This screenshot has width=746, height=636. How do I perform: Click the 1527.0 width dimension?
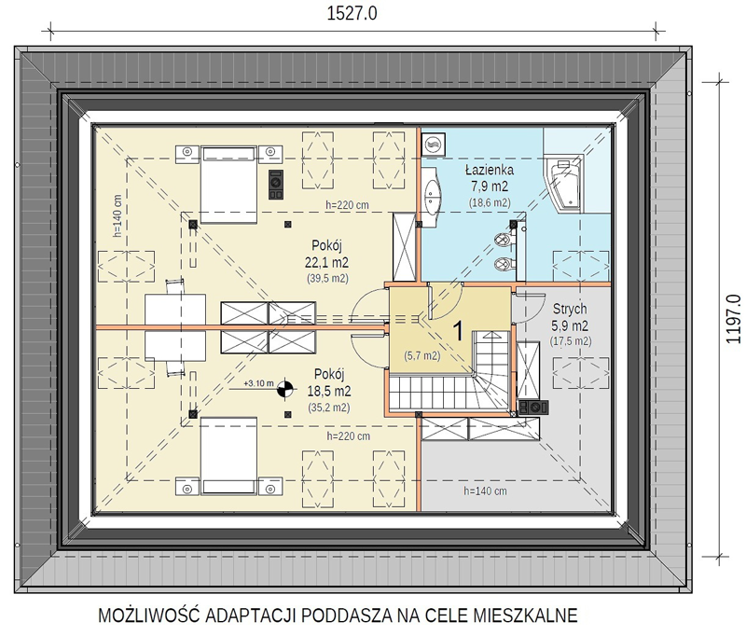(x=352, y=13)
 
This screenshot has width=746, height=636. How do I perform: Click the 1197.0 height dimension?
(x=733, y=319)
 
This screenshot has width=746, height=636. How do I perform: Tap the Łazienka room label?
(x=489, y=170)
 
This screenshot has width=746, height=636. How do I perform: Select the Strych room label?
(x=570, y=310)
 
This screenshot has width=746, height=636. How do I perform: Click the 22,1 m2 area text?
(x=326, y=262)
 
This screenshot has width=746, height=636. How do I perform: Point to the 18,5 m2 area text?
(x=329, y=391)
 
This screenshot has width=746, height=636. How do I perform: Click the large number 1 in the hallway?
(x=458, y=331)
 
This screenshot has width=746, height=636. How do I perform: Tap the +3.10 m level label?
(x=258, y=383)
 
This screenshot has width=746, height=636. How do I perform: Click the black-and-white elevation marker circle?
(x=284, y=389)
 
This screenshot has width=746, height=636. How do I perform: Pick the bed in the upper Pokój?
(x=228, y=185)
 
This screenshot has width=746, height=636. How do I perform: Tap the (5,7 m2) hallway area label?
(x=422, y=355)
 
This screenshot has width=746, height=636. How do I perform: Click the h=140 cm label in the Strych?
(x=485, y=491)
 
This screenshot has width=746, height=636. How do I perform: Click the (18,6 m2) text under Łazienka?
(x=490, y=202)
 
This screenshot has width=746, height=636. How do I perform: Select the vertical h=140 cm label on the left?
(x=118, y=215)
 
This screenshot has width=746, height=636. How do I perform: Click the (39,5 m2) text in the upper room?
(x=327, y=278)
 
